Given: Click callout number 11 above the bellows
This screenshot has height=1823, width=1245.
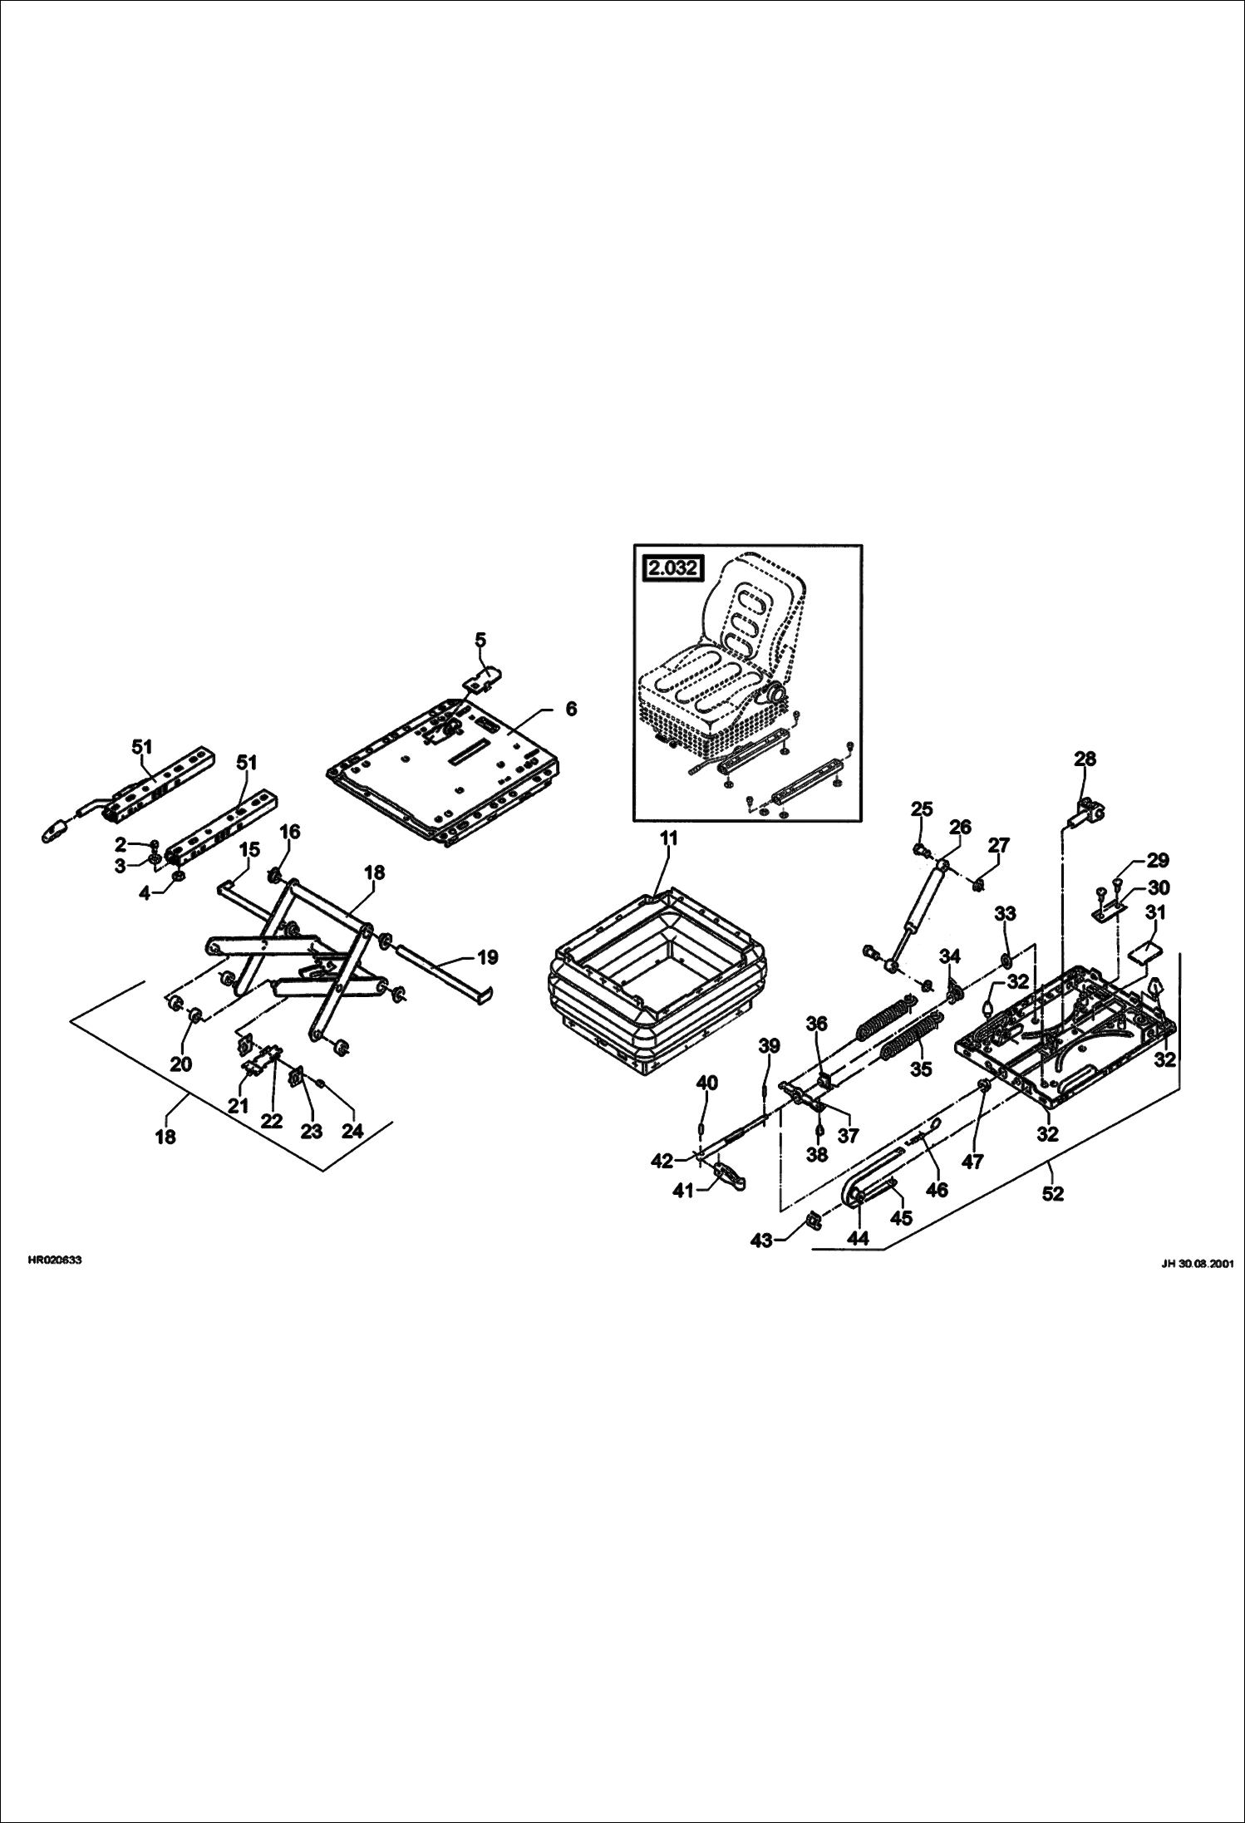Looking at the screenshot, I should [669, 839].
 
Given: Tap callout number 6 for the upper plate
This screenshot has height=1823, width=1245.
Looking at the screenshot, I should [570, 709].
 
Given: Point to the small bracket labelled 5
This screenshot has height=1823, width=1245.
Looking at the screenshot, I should [485, 681].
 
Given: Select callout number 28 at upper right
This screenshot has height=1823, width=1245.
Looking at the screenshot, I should [1085, 759].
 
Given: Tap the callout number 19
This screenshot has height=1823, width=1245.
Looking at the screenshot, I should [488, 957].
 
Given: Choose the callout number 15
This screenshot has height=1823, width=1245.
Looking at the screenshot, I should [250, 850].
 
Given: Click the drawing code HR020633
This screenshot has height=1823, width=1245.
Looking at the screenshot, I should [55, 1260].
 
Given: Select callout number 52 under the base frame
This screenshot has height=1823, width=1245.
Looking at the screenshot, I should [1052, 1194].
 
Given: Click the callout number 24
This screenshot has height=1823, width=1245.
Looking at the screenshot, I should [352, 1131].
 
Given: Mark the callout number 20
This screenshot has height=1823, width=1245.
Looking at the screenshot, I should [181, 1064].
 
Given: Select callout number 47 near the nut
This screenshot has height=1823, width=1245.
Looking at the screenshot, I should [972, 1160].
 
